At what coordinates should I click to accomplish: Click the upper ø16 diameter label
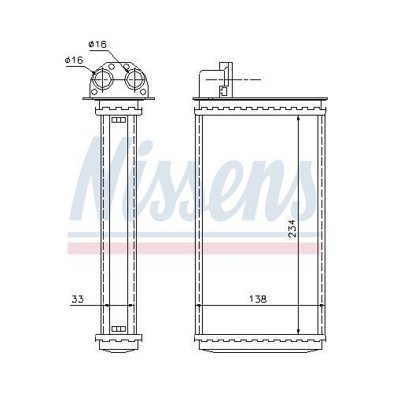[x=97, y=44]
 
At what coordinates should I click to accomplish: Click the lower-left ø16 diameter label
[x=74, y=60]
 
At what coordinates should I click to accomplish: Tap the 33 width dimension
[x=76, y=299]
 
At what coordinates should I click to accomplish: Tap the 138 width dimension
[x=258, y=299]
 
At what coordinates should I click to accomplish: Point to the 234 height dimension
[x=292, y=228]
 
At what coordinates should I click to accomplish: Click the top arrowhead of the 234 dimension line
[x=298, y=119]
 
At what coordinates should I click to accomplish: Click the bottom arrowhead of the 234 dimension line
[x=298, y=330]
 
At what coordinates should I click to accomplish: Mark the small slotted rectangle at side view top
[x=118, y=119]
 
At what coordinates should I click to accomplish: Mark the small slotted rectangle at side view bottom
[x=118, y=329]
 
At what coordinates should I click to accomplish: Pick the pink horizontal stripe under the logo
[x=196, y=248]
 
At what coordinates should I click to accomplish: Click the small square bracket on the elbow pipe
[x=223, y=90]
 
